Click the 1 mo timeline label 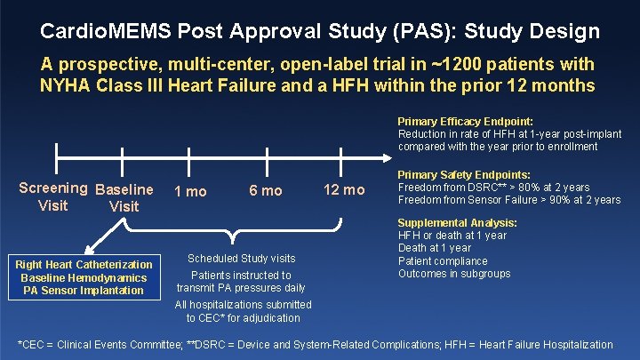click(x=190, y=191)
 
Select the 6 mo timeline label click(x=266, y=191)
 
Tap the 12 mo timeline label click(x=344, y=191)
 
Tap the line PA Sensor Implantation click(x=84, y=291)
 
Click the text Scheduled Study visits click(x=241, y=259)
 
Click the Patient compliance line click(x=443, y=261)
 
